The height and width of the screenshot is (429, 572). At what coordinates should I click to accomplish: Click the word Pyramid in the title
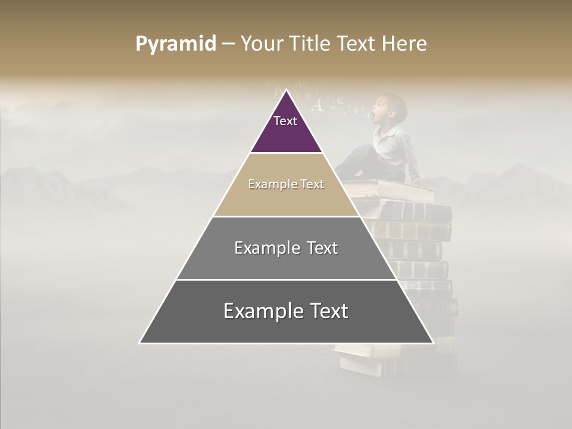pyautogui.click(x=176, y=44)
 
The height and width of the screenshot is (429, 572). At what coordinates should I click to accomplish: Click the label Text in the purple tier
pyautogui.click(x=285, y=121)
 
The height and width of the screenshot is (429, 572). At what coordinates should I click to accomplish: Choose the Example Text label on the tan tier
pyautogui.click(x=286, y=184)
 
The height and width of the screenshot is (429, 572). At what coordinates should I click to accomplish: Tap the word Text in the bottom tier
pyautogui.click(x=328, y=311)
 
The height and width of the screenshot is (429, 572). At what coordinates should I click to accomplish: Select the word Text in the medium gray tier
pyautogui.click(x=322, y=248)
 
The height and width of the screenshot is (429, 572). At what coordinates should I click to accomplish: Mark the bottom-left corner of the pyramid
pyautogui.click(x=140, y=343)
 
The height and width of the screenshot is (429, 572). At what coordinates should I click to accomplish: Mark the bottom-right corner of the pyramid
pyautogui.click(x=433, y=343)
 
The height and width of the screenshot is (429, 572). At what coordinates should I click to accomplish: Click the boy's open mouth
pyautogui.click(x=374, y=111)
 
